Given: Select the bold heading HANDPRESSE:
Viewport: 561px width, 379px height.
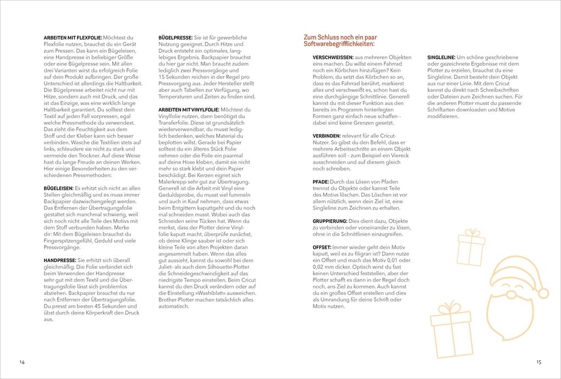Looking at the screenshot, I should [59, 260].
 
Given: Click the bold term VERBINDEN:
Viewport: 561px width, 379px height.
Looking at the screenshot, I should [327, 135].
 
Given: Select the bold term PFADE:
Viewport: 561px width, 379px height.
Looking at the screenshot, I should [321, 181].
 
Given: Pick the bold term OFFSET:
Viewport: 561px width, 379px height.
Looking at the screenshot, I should [322, 247].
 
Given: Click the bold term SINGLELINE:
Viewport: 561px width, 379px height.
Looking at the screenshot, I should [441, 57].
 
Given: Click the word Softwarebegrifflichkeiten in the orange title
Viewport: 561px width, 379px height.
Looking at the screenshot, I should [339, 44].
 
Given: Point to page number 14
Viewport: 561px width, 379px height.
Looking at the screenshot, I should [22, 362].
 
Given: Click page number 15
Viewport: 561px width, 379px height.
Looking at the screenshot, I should [538, 362].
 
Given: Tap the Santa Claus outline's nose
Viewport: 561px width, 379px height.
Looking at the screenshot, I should [516, 288].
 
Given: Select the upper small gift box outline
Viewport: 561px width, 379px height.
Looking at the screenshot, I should [471, 249].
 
